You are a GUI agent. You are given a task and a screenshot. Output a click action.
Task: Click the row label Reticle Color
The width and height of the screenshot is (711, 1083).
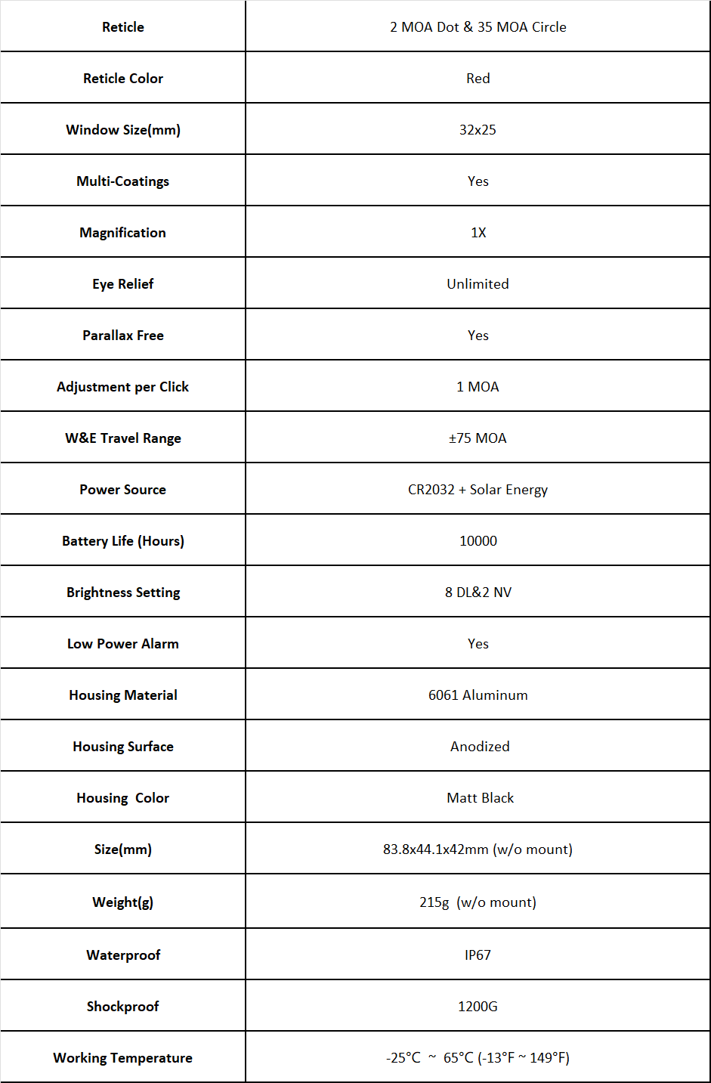click(x=123, y=79)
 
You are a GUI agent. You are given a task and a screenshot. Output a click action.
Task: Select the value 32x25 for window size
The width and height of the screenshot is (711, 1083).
click(x=478, y=130)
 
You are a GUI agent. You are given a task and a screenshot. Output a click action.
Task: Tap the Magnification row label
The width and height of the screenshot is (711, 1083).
click(x=122, y=233)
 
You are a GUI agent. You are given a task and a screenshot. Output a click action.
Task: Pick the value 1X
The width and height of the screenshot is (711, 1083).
click(x=478, y=233)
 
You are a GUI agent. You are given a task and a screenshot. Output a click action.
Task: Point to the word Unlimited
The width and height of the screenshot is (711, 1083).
click(x=478, y=284)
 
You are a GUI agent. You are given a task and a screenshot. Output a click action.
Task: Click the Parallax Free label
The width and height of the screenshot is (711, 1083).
click(x=123, y=336)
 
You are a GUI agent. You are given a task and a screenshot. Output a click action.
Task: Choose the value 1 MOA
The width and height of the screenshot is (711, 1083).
click(x=478, y=387)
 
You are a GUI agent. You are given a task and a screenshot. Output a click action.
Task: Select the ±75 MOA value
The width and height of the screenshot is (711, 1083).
click(x=478, y=438)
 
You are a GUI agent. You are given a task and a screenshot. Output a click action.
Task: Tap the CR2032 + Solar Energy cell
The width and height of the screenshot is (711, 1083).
click(x=478, y=490)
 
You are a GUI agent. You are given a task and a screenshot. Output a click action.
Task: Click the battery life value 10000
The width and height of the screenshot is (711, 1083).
click(x=478, y=541)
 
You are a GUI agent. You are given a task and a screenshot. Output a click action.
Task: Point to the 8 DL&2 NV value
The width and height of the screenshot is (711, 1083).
click(x=478, y=593)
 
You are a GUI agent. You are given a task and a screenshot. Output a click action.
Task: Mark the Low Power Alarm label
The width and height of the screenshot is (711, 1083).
click(x=123, y=644)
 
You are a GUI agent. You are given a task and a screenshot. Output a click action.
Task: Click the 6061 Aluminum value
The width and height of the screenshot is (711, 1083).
click(x=478, y=695)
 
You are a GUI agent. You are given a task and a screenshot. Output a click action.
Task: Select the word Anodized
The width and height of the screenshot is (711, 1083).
click(x=480, y=747)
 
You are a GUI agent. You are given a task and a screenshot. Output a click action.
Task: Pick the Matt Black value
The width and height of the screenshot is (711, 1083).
click(x=480, y=798)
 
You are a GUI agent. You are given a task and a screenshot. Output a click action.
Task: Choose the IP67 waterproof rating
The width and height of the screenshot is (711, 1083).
click(x=478, y=955)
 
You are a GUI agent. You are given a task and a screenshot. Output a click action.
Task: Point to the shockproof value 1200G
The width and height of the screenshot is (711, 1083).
click(x=478, y=1007)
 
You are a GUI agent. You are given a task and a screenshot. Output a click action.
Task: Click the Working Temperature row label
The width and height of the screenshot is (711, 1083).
click(x=122, y=1058)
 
